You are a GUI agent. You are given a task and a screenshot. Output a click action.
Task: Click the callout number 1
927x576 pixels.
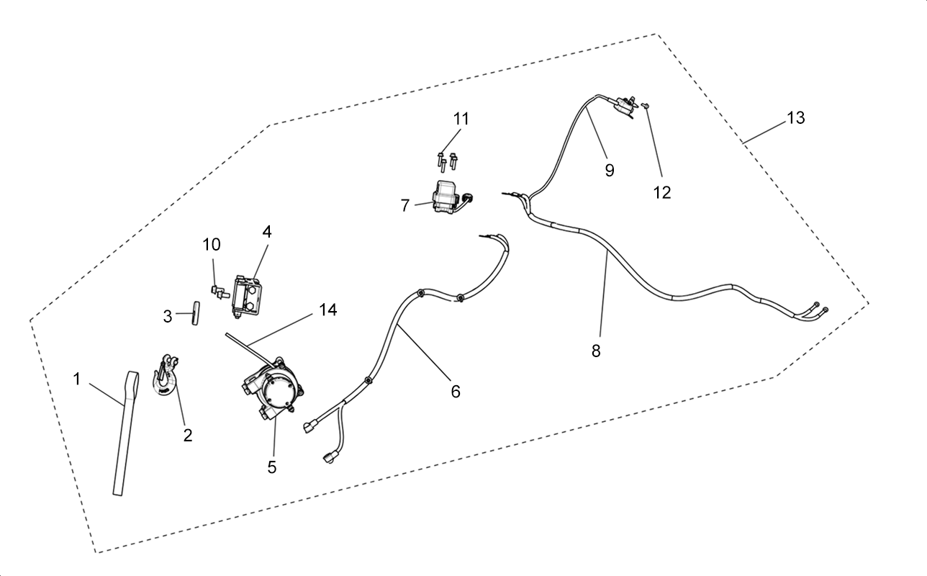coord(76,379)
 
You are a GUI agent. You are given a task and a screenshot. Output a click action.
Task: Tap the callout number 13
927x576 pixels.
coord(795,118)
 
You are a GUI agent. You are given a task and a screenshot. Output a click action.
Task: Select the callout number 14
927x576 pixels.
coord(327,310)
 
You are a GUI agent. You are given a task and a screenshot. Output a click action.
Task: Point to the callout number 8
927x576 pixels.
coord(596,351)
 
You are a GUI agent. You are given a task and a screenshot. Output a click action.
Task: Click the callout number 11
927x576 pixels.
coord(461,119)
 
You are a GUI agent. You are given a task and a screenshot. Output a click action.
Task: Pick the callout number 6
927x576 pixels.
coord(455,391)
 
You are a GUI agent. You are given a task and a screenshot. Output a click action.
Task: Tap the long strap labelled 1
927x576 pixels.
coord(125,433)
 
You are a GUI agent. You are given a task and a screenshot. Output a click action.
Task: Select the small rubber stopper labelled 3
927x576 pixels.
coord(195,313)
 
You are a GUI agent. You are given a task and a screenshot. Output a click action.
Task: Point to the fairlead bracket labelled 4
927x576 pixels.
coord(248,297)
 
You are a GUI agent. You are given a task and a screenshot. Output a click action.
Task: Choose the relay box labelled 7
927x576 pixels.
coord(451,197)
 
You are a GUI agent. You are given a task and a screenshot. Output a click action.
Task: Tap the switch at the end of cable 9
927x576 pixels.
coord(625,107)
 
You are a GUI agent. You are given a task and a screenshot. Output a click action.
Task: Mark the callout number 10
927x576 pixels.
coord(211,245)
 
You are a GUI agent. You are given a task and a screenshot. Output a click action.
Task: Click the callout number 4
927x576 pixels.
coord(267,232)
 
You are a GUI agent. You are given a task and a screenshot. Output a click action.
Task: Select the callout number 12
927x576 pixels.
coord(661,192)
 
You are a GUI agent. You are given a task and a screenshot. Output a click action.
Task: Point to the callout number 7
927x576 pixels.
coord(404,206)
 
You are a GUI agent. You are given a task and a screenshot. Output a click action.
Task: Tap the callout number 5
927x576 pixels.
coord(272,467)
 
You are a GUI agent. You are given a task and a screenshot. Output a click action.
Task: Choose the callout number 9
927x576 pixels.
coord(609,170)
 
